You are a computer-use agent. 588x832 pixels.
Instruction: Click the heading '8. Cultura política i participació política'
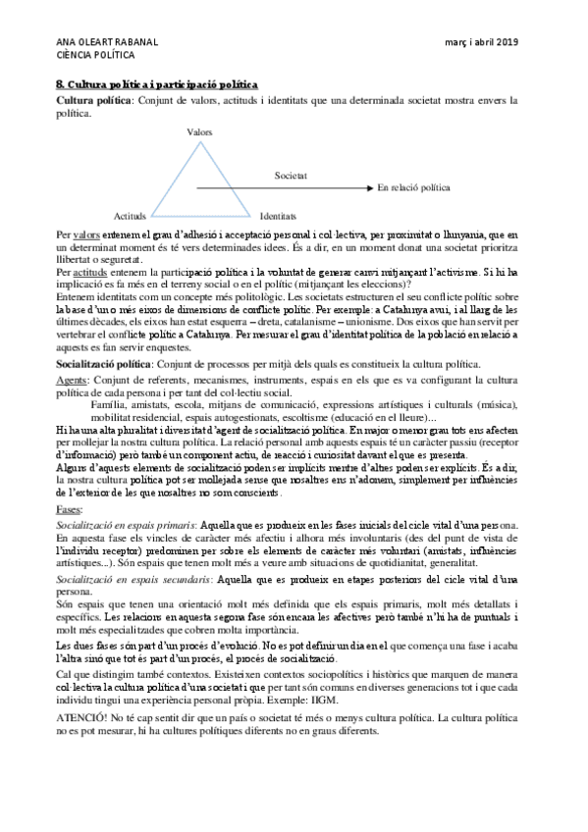coord(157,86)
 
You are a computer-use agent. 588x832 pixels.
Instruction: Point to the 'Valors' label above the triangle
coord(198,130)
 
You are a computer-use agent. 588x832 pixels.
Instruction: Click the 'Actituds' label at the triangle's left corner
coord(131,214)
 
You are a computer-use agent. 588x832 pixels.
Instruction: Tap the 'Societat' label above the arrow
coord(291,176)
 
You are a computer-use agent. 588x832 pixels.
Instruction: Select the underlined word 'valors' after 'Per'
coord(86,235)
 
